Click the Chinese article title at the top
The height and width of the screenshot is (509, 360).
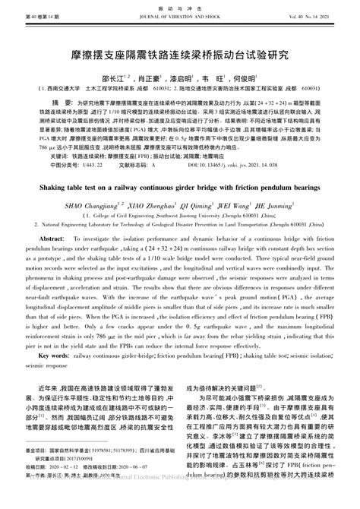[x=179, y=56]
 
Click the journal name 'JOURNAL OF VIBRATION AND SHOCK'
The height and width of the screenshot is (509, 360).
[x=179, y=15]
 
